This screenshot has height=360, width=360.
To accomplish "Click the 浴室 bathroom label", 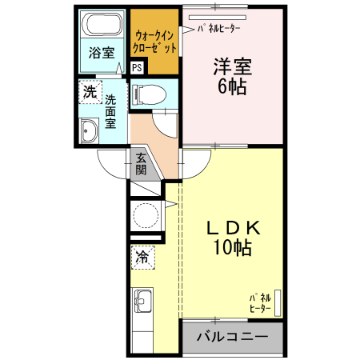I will (x=101, y=54).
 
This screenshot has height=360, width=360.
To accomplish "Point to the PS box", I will (x=137, y=68).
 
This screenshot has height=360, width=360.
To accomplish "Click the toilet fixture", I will (x=147, y=94).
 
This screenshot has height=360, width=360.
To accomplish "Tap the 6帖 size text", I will (x=230, y=88).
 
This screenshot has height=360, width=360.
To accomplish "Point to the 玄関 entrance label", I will (x=141, y=164).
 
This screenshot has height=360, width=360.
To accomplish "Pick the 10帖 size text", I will (x=232, y=249).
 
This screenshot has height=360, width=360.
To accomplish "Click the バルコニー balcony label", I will (x=231, y=336).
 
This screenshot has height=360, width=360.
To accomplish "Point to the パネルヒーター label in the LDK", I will (x=260, y=302).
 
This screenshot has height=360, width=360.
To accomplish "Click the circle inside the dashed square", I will (x=146, y=215).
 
